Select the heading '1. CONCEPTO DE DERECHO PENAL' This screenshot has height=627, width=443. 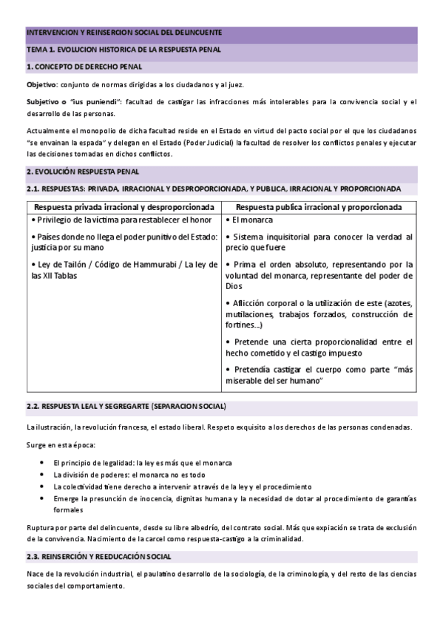tap(84, 67)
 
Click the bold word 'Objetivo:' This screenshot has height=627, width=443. tap(42, 85)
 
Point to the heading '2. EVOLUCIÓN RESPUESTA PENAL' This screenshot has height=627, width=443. tap(83, 172)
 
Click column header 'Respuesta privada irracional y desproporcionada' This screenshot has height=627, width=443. tap(124, 206)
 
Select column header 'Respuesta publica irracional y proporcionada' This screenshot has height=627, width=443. tap(319, 206)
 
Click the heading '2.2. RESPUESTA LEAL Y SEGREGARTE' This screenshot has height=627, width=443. tap(126, 407)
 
